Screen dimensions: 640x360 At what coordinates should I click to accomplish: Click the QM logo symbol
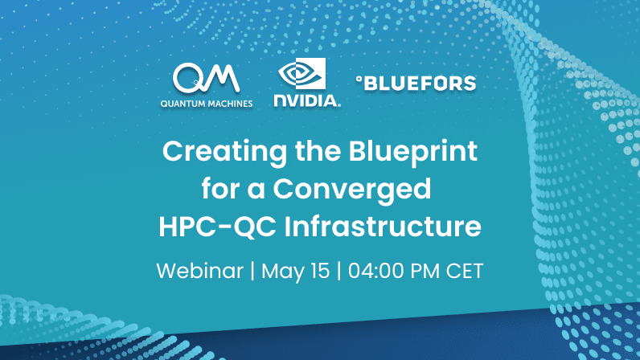pyautogui.click(x=206, y=78)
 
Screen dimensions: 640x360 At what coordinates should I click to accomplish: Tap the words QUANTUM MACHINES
pyautogui.click(x=207, y=104)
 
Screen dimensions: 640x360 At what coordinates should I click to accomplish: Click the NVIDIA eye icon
pyautogui.click(x=302, y=73)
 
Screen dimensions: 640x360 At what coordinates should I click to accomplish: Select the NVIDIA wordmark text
pyautogui.click(x=306, y=100)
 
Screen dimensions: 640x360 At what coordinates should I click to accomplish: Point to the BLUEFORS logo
pyautogui.click(x=416, y=84)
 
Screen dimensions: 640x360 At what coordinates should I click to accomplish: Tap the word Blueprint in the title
pyautogui.click(x=412, y=152)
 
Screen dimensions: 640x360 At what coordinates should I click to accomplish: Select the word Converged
pyautogui.click(x=352, y=190)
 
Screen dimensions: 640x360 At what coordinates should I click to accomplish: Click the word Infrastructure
pyautogui.click(x=383, y=226)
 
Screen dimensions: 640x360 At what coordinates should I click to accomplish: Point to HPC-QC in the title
pyautogui.click(x=217, y=226)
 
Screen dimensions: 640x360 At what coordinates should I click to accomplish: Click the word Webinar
pyautogui.click(x=200, y=271)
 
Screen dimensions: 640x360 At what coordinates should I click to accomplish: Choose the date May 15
pyautogui.click(x=296, y=271)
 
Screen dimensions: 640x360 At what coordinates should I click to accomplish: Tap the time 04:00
pyautogui.click(x=375, y=271)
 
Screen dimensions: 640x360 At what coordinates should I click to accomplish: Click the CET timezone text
pyautogui.click(x=465, y=271)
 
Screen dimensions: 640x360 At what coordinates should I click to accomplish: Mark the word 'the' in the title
pyautogui.click(x=318, y=152)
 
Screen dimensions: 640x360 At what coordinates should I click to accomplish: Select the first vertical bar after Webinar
pyautogui.click(x=252, y=271)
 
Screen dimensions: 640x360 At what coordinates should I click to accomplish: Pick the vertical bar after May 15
pyautogui.click(x=339, y=271)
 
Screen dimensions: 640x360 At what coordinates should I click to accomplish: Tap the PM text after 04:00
pyautogui.click(x=425, y=271)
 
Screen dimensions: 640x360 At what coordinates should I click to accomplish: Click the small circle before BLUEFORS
pyautogui.click(x=359, y=80)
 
